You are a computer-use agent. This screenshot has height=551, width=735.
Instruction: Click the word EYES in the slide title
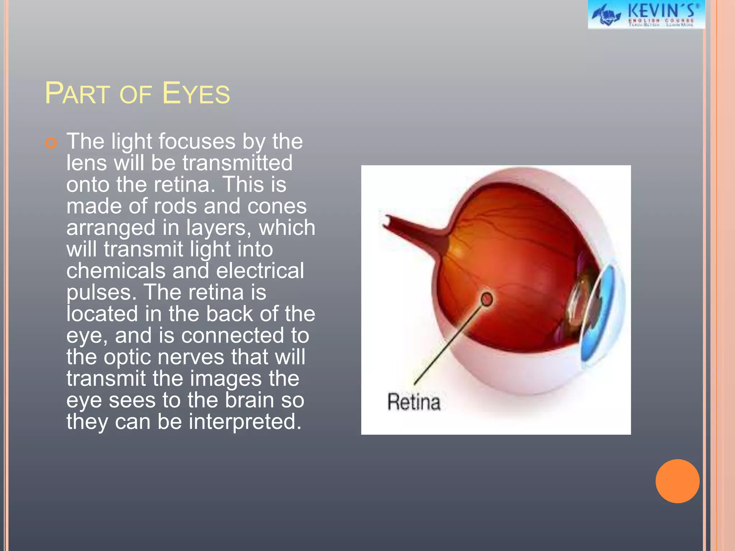tap(196, 94)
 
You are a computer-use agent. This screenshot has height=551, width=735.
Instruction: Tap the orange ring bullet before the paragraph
tap(51, 143)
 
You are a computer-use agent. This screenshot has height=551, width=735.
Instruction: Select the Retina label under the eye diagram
tap(413, 402)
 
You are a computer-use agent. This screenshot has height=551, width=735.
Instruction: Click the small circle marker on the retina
tap(487, 299)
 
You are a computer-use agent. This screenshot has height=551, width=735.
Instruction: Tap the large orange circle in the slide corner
tap(677, 481)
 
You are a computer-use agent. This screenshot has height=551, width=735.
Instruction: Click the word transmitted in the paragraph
tap(238, 163)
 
